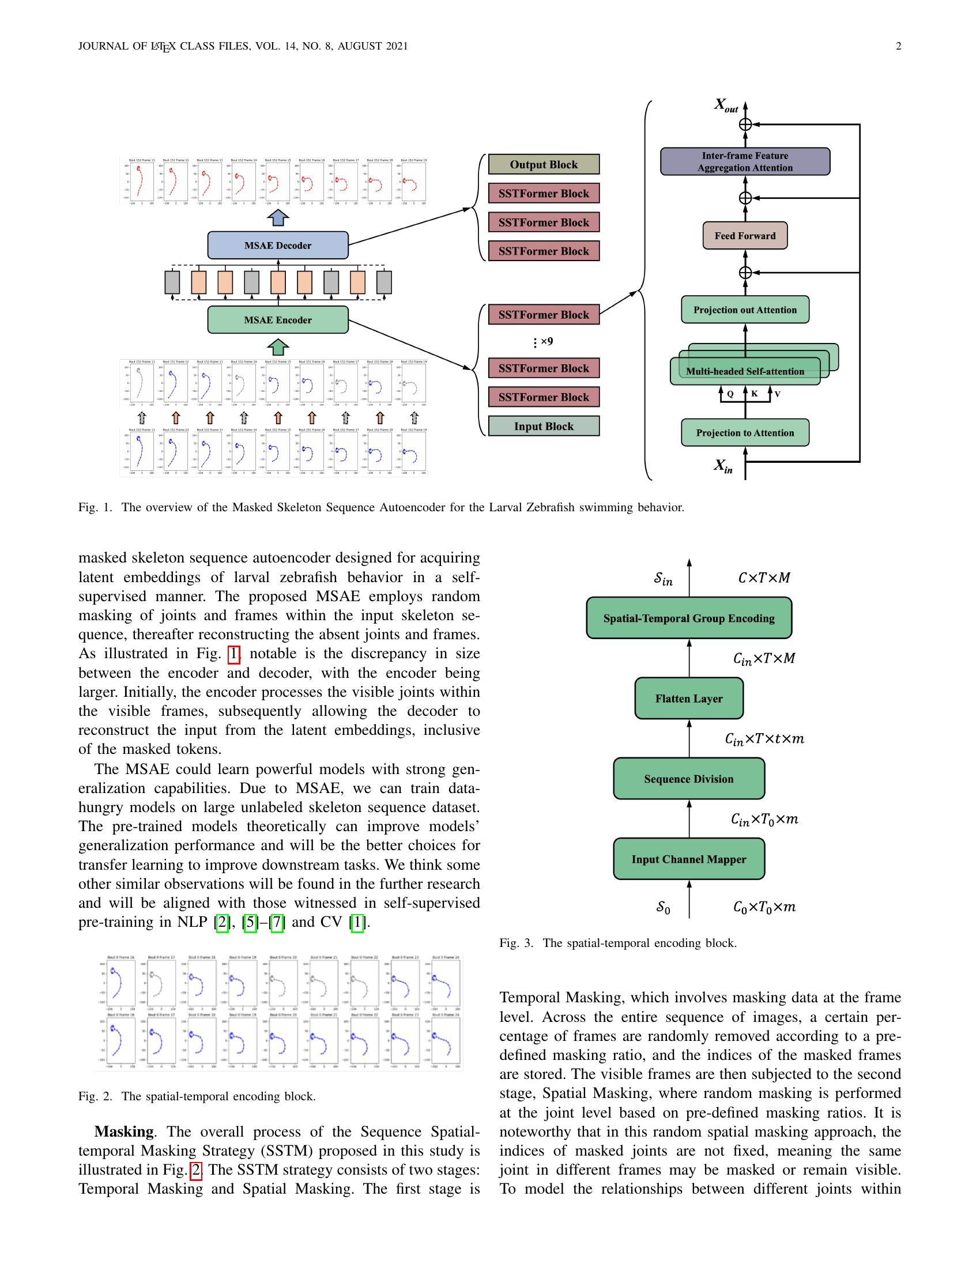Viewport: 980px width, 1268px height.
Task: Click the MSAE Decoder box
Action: (x=277, y=245)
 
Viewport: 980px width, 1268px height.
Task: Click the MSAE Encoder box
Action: (x=277, y=320)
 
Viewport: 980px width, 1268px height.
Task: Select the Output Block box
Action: (x=544, y=164)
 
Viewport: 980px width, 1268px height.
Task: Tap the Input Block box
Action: (x=544, y=426)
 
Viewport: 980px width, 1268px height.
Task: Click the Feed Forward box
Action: (x=745, y=236)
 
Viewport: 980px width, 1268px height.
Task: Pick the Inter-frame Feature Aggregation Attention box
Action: (x=745, y=161)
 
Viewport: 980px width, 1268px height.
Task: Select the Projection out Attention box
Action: (x=745, y=310)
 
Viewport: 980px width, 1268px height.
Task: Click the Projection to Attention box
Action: (x=745, y=432)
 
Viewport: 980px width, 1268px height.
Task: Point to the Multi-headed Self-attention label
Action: (x=745, y=372)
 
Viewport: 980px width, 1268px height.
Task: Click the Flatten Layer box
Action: (x=688, y=699)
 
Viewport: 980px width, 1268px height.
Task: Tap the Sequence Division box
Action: (x=688, y=779)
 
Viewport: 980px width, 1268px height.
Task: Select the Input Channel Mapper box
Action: (x=688, y=859)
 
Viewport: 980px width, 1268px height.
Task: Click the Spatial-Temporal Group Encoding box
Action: (x=688, y=618)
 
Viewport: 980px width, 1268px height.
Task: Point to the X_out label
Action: (x=726, y=105)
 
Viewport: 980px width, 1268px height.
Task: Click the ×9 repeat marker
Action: (x=546, y=341)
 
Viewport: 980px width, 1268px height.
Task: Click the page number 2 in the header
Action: (x=898, y=47)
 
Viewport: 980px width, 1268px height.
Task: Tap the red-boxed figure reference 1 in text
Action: (x=233, y=654)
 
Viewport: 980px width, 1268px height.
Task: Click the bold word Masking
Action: (x=124, y=1131)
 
